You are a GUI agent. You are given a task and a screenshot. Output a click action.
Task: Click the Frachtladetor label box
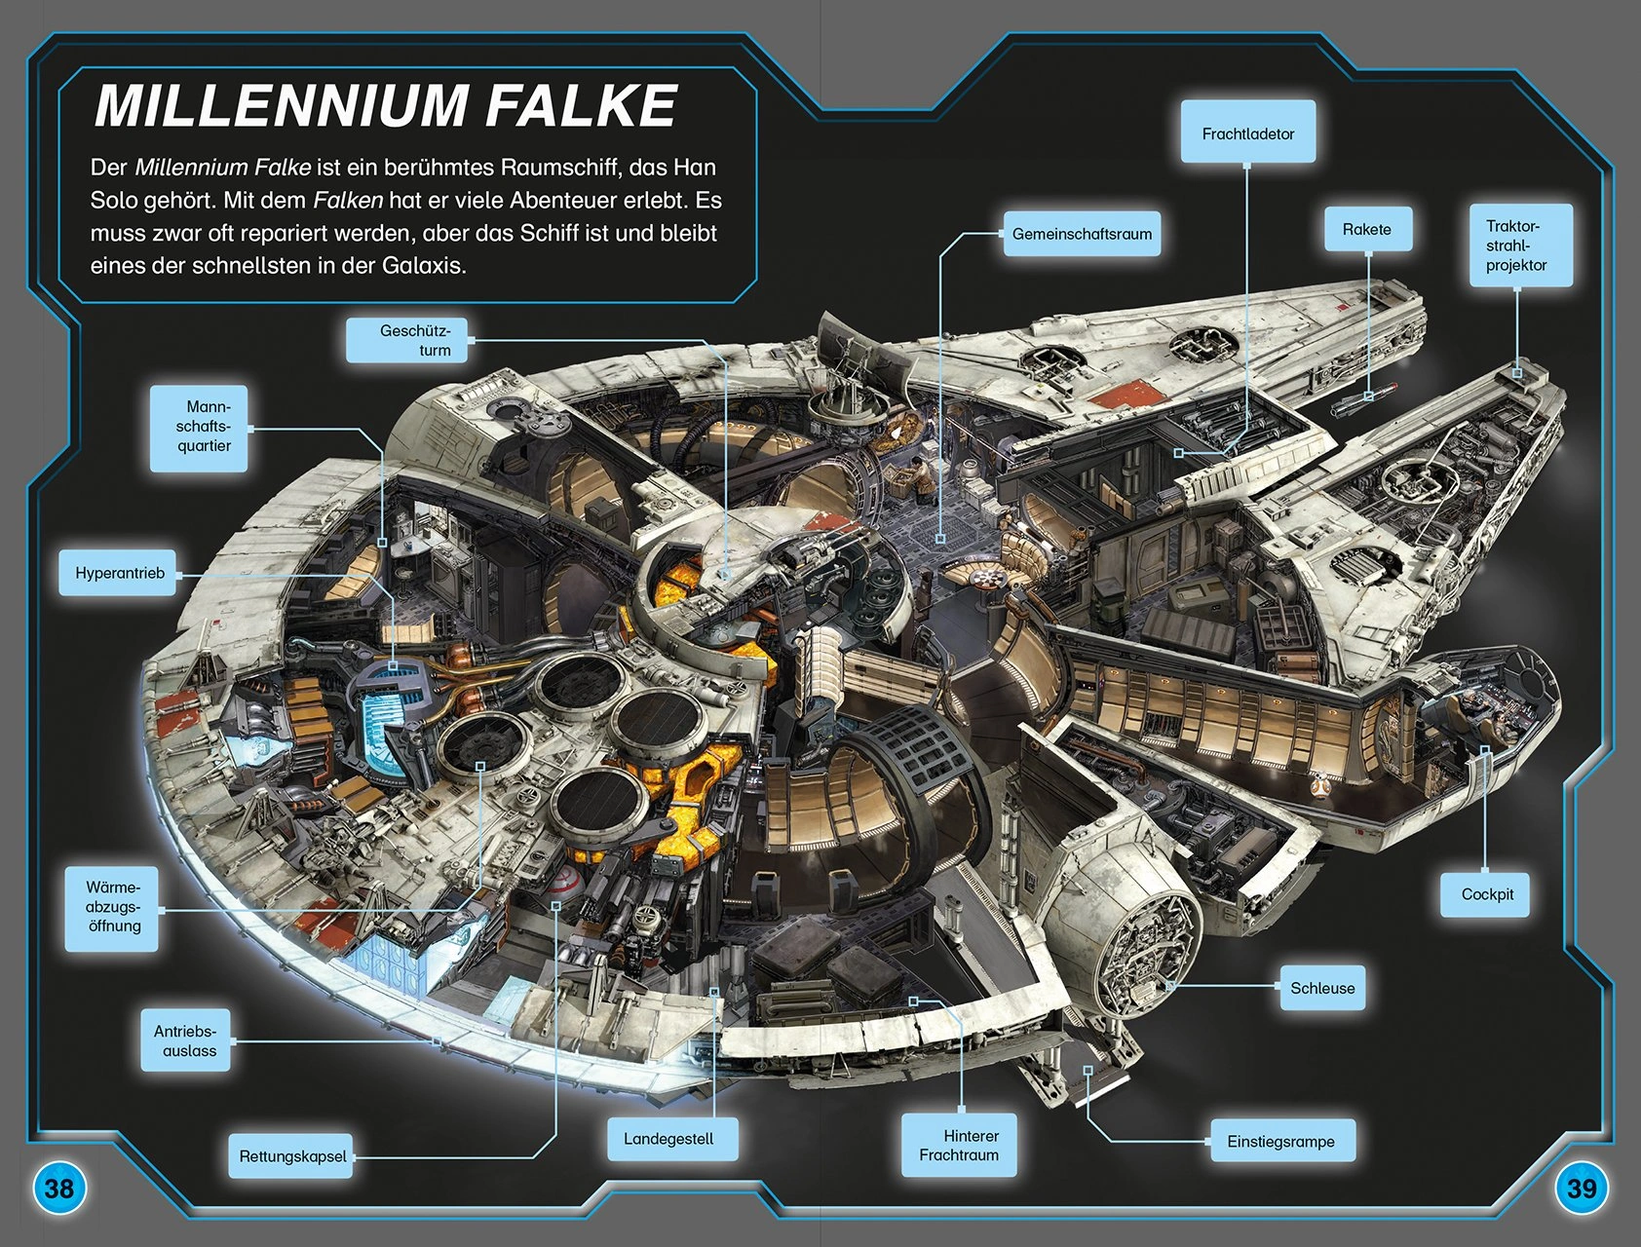click(x=1247, y=132)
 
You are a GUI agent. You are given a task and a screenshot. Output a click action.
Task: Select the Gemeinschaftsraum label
click(x=1082, y=234)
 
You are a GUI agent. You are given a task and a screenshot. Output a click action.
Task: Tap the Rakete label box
click(x=1367, y=229)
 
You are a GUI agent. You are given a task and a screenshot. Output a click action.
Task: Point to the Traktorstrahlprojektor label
click(x=1520, y=246)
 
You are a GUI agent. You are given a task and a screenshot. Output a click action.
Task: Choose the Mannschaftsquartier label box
click(x=198, y=427)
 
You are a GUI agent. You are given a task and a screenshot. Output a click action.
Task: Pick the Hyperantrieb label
click(x=120, y=573)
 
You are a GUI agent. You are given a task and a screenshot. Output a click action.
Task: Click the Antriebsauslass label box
click(x=186, y=1040)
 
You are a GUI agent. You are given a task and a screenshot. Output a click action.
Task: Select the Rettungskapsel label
click(x=292, y=1156)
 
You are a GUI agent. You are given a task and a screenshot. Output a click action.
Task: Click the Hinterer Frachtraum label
click(x=960, y=1146)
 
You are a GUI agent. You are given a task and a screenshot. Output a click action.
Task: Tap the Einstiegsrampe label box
click(x=1281, y=1141)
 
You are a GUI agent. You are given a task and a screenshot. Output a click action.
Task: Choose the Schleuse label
click(x=1322, y=988)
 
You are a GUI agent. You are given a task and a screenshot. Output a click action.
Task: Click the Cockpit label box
click(x=1487, y=893)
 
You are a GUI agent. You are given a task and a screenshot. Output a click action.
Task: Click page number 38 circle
click(x=59, y=1188)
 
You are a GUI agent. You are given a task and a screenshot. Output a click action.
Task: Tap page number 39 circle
click(x=1582, y=1188)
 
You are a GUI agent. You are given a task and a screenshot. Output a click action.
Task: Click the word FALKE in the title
click(x=581, y=105)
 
